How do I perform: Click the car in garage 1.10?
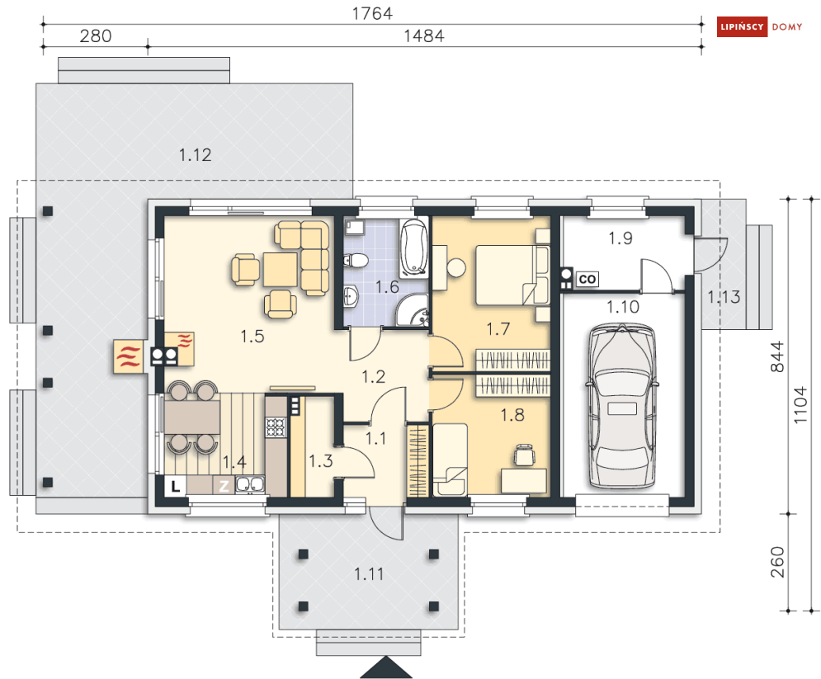(621, 407)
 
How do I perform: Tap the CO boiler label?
(587, 279)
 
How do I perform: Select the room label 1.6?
(387, 287)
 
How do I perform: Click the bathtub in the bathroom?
(413, 248)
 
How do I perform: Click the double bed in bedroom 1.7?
(512, 275)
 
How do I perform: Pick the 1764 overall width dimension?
(372, 13)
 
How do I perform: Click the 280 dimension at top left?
(95, 36)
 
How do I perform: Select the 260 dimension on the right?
(777, 562)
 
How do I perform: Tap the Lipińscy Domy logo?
(759, 26)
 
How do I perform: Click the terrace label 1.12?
(195, 155)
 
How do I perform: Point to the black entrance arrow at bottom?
(386, 667)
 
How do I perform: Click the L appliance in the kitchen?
(176, 486)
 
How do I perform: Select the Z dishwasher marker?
(224, 486)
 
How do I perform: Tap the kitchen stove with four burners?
(276, 427)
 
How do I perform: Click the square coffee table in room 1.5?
(280, 269)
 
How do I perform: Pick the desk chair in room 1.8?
(524, 455)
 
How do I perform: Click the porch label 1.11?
(369, 574)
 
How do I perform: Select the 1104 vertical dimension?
(800, 405)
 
